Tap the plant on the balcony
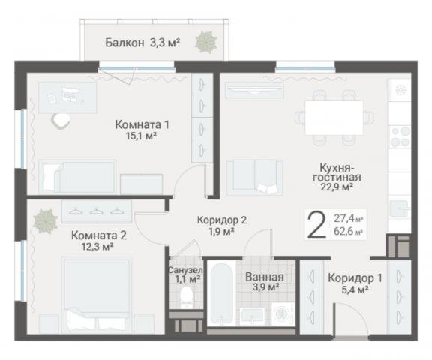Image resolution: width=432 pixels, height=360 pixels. coord(202,45)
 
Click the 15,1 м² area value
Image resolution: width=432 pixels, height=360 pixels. coord(141,137)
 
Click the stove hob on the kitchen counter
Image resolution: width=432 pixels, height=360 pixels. coord(399,137)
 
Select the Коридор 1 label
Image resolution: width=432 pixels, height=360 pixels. coord(355,277)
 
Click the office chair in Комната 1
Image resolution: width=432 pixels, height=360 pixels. coord(58,118)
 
